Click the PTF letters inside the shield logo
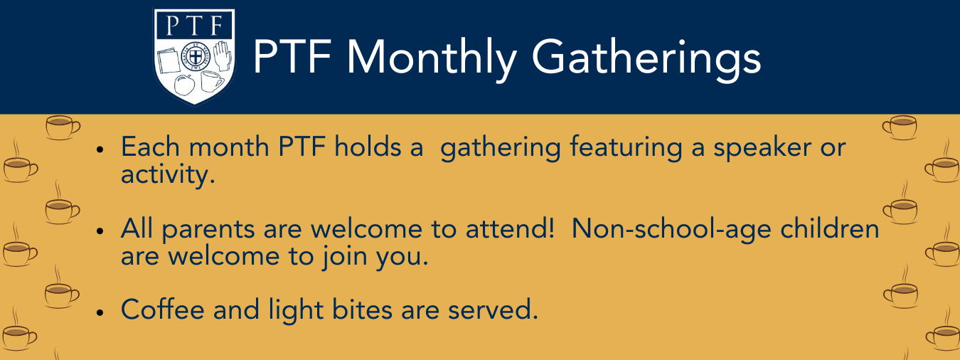[194, 26]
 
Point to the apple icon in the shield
[184, 85]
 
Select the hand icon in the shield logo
[223, 56]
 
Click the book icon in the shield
[168, 62]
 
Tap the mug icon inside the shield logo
[212, 81]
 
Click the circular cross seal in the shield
[196, 55]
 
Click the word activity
[168, 176]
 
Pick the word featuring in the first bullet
[626, 148]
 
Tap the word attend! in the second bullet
[510, 228]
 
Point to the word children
[830, 228]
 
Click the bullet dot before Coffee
[100, 312]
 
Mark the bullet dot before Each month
[100, 149]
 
